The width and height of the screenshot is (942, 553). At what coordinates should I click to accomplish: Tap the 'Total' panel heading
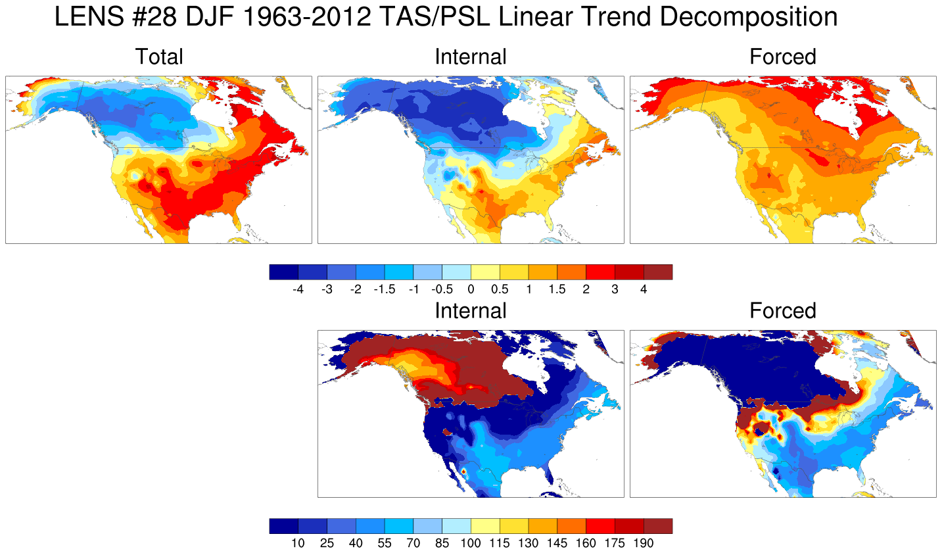coord(159,57)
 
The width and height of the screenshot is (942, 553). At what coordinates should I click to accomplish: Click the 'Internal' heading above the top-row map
coord(471,57)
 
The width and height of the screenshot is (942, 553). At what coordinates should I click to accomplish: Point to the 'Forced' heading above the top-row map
coord(783,57)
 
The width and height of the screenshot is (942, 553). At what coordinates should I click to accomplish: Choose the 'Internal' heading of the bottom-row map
coord(471,311)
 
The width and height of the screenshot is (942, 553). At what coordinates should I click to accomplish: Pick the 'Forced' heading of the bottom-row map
coord(783,311)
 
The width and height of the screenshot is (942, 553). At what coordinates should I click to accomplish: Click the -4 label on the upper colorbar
coord(298,289)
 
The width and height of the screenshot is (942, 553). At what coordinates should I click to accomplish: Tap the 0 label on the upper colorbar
coord(471,289)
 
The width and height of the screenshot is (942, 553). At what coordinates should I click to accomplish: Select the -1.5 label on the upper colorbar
coord(384,289)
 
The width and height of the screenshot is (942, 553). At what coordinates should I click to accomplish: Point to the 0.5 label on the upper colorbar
coord(500,289)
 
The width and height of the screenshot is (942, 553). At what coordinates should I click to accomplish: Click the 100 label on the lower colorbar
coord(471,543)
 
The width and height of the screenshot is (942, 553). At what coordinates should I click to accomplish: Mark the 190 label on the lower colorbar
coord(644,543)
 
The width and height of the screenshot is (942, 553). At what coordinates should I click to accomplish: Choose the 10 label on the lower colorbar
coord(298,543)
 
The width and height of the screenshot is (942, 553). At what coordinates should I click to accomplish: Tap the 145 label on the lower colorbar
coord(557,543)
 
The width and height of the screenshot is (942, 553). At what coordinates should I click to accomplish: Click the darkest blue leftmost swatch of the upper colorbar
coord(283,272)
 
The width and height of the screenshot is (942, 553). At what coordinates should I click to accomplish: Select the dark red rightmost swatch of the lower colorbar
coord(658,526)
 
